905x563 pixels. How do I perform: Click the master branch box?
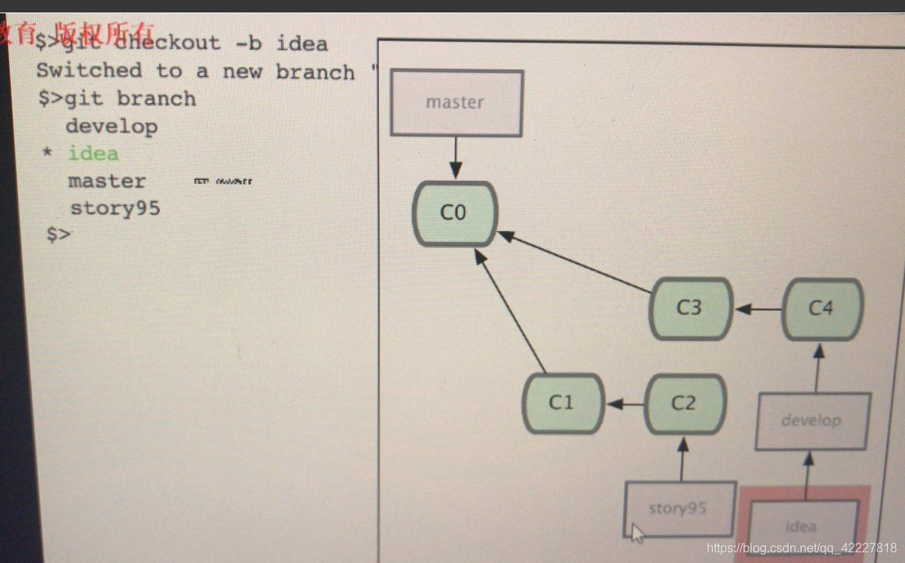456,103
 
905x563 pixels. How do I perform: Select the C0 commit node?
454,213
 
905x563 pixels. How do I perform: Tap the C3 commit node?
690,308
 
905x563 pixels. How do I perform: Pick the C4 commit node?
822,309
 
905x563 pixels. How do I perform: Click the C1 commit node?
562,403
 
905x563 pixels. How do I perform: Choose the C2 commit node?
684,403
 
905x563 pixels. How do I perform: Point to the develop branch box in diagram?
812,421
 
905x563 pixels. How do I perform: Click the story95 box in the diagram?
679,508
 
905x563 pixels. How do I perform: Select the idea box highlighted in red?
802,525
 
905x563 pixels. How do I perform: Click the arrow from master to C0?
456,158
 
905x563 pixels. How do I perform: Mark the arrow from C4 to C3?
758,309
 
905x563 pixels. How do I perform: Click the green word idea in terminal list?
93,154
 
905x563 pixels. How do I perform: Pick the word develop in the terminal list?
111,126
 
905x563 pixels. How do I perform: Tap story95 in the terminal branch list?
115,208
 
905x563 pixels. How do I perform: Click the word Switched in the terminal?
89,71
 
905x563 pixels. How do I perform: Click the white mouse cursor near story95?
637,533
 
